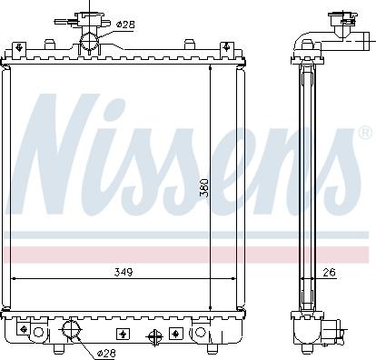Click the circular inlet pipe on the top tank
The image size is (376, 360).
[x=91, y=40]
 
